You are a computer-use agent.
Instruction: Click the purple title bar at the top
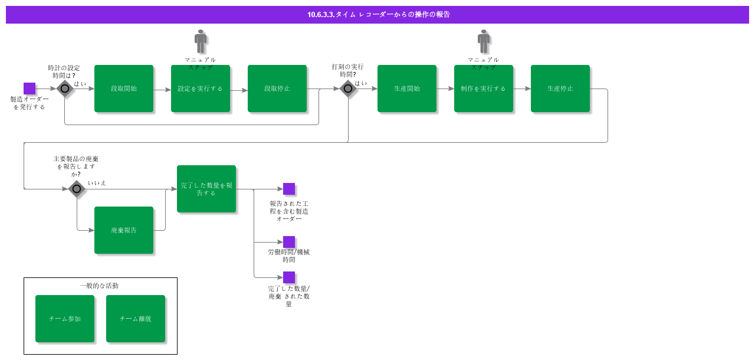pyautogui.click(x=377, y=15)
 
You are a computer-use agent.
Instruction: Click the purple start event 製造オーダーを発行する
pyautogui.click(x=29, y=89)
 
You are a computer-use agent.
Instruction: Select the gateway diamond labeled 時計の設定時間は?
pyautogui.click(x=64, y=89)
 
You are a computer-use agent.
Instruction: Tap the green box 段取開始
pyautogui.click(x=124, y=89)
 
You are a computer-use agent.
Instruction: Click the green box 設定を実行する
pyautogui.click(x=201, y=89)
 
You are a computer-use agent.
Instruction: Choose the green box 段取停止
pyautogui.click(x=277, y=89)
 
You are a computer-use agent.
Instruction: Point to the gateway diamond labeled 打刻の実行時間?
pyautogui.click(x=348, y=89)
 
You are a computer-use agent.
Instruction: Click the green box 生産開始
pyautogui.click(x=407, y=89)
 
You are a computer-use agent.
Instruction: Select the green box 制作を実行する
pyautogui.click(x=484, y=89)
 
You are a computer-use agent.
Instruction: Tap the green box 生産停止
pyautogui.click(x=560, y=89)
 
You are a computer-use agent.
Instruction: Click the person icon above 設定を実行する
pyautogui.click(x=201, y=41)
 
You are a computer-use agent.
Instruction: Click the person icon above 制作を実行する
pyautogui.click(x=484, y=41)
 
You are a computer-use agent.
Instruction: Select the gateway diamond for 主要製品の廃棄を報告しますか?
pyautogui.click(x=77, y=189)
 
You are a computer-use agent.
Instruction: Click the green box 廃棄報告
pyautogui.click(x=124, y=230)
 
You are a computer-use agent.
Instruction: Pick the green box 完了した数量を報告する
pyautogui.click(x=206, y=189)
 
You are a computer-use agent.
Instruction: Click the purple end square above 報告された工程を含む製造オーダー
pyautogui.click(x=289, y=189)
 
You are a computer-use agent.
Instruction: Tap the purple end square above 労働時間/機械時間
pyautogui.click(x=289, y=242)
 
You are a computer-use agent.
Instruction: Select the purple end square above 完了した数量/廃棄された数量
pyautogui.click(x=289, y=277)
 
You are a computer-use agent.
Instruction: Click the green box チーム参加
pyautogui.click(x=65, y=319)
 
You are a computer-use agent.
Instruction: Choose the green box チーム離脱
pyautogui.click(x=136, y=319)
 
